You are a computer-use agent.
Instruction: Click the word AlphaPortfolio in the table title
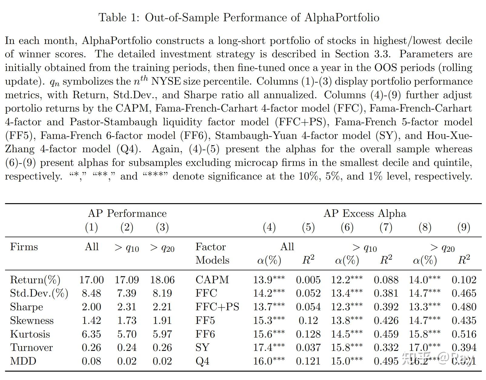point(342,17)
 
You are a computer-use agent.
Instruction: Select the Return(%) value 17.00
point(92,280)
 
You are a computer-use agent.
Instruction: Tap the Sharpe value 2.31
point(127,307)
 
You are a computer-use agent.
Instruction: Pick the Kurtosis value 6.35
point(92,334)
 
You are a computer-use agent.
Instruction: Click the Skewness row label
point(32,320)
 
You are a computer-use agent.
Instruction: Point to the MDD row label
point(23,361)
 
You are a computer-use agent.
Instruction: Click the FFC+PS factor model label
point(217,307)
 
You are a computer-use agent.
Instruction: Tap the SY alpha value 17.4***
point(269,347)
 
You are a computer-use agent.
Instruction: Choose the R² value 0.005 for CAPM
point(308,280)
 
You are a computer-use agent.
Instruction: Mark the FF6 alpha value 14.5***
point(347,334)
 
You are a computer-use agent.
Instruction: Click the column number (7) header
point(386,227)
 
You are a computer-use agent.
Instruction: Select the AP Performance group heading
point(127,214)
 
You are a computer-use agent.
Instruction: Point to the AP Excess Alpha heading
point(365,214)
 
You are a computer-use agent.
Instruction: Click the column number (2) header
point(127,227)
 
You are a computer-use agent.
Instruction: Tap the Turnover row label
point(31,347)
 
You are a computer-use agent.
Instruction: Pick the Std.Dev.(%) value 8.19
point(162,293)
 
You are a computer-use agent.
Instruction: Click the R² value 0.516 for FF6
point(464,334)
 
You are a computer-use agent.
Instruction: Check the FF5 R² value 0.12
point(308,320)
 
